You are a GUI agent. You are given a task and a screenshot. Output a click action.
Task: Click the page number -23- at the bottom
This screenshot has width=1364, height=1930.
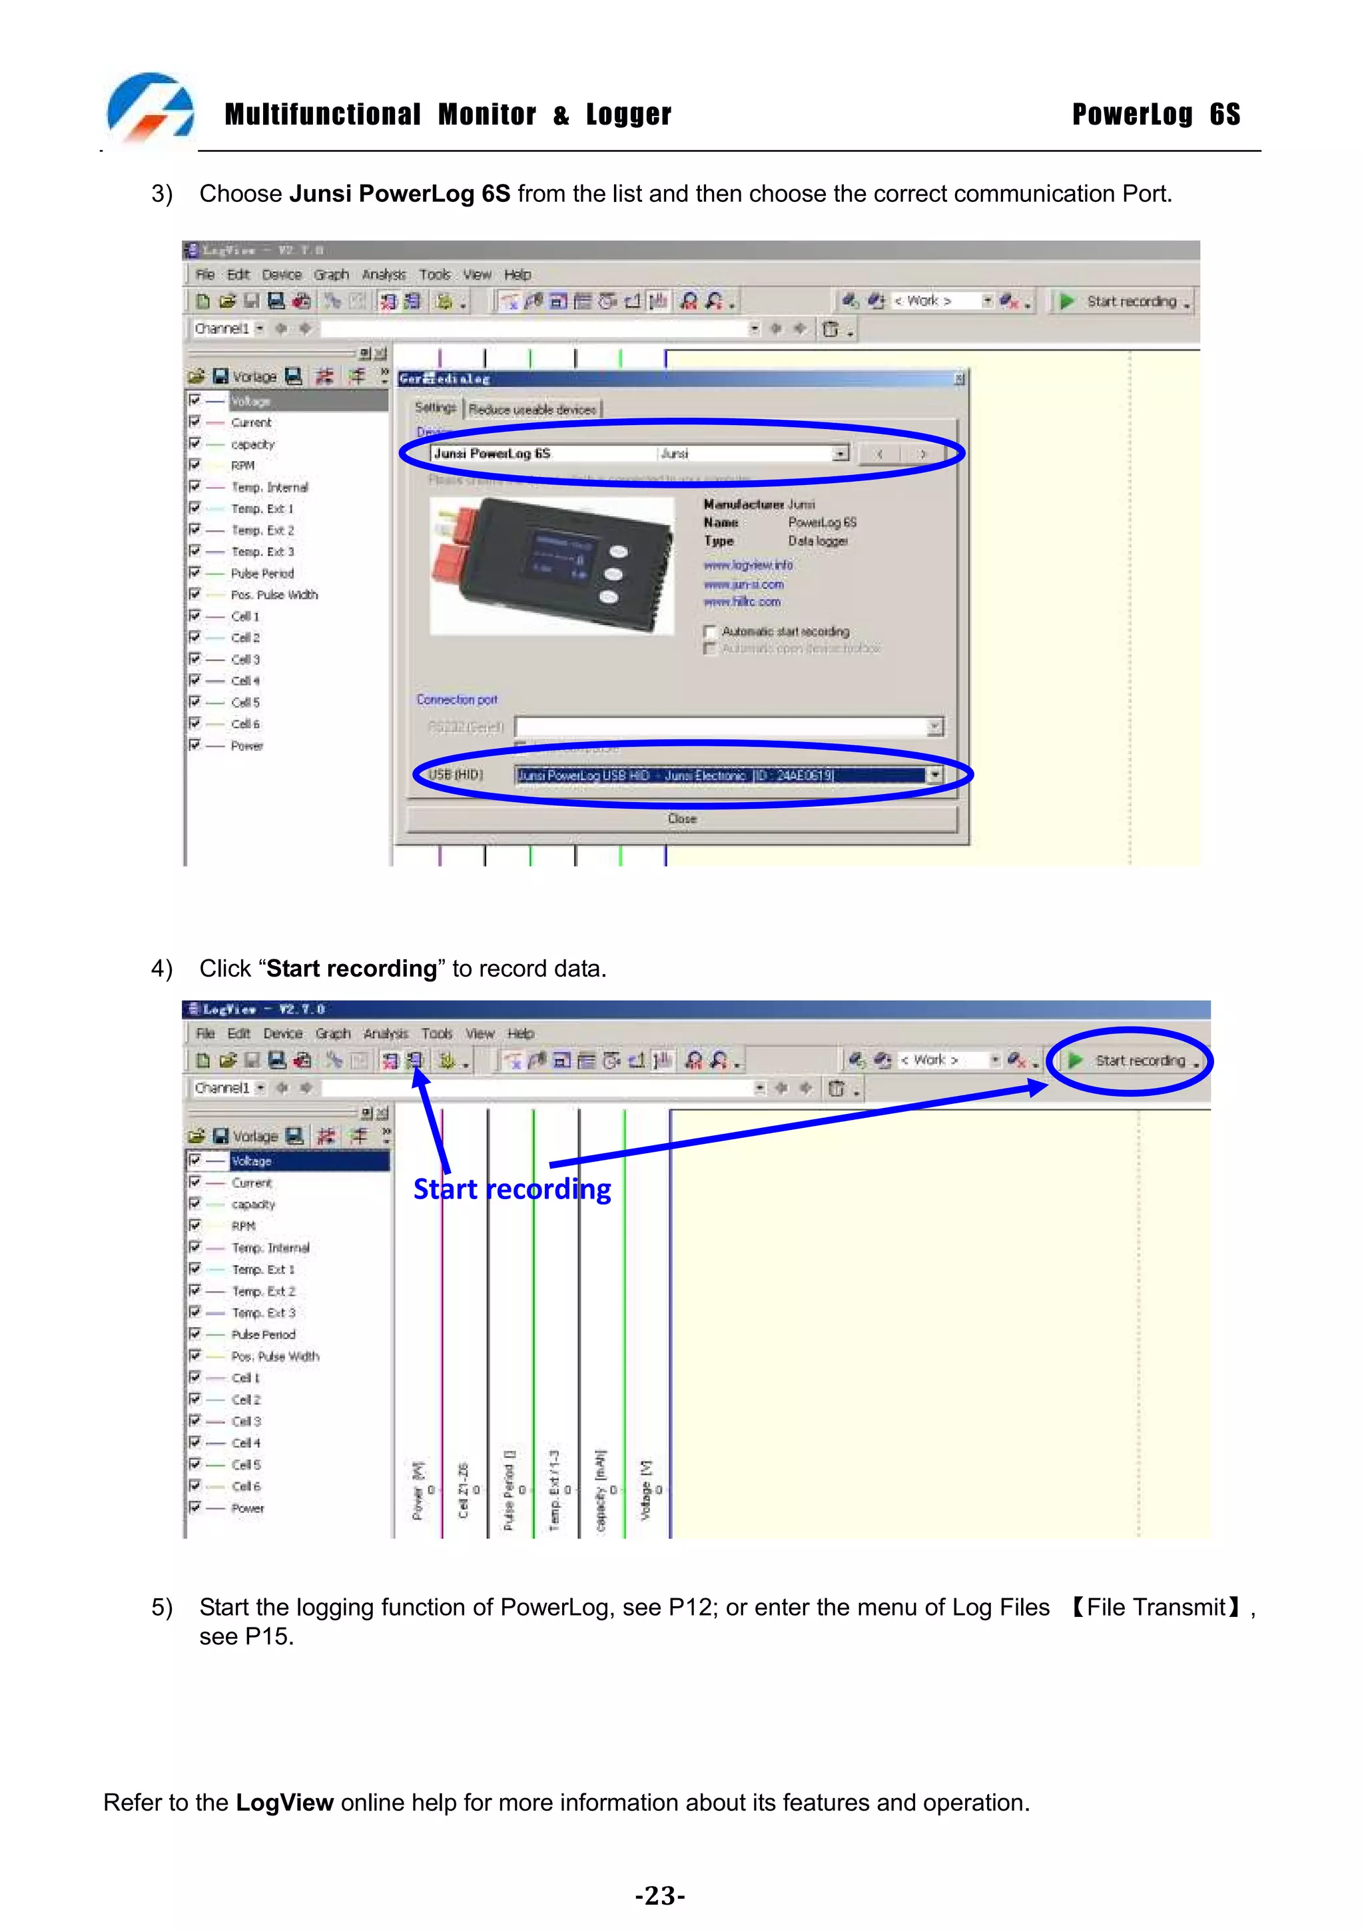[660, 1895]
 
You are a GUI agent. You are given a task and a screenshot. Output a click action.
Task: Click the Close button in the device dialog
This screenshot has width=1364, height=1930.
[681, 819]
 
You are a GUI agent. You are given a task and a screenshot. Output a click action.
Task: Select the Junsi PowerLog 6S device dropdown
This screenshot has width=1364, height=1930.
[639, 454]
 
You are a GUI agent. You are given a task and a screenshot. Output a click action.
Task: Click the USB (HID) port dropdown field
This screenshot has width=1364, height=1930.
[728, 775]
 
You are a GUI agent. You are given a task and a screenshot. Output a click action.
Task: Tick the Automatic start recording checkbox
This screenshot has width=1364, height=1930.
[710, 632]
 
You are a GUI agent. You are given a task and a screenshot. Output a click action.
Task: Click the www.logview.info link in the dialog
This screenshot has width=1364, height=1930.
[747, 565]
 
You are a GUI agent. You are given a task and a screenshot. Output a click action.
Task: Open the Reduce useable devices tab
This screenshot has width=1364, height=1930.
[532, 409]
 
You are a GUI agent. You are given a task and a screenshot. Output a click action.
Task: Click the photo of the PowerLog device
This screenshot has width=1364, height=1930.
[551, 565]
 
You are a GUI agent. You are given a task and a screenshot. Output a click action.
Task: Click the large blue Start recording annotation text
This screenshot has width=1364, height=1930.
[511, 1189]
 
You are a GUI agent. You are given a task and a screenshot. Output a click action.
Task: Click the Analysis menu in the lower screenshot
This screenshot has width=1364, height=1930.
[385, 1033]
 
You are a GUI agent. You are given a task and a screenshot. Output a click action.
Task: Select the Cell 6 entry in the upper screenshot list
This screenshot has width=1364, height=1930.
[245, 724]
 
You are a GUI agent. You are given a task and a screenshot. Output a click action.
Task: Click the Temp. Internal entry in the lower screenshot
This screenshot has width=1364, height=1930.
[270, 1247]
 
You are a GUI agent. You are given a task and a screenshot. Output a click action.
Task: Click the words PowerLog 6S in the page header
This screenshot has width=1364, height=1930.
[1156, 115]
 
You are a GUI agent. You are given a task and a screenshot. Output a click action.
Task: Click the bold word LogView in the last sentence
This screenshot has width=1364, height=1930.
[284, 1802]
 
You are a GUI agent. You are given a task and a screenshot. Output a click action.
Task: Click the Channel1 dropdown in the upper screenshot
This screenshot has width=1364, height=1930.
[228, 328]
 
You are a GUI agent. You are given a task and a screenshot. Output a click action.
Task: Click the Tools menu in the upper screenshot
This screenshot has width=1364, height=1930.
[434, 274]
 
